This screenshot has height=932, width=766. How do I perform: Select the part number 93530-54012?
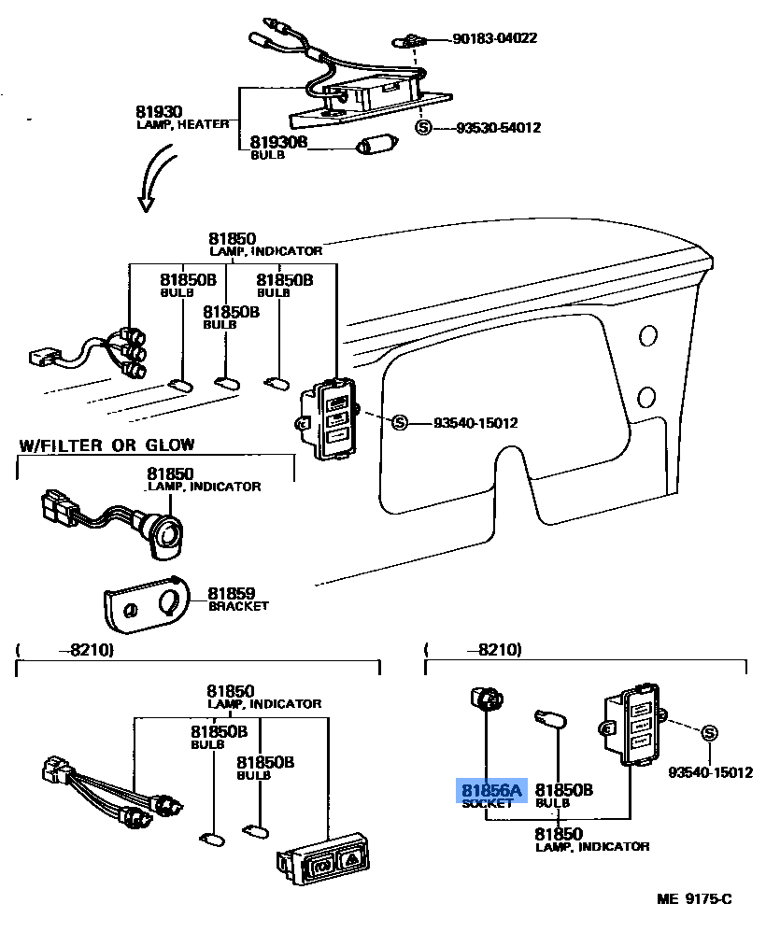coord(498,128)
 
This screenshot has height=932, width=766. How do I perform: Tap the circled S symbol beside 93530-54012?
coord(423,128)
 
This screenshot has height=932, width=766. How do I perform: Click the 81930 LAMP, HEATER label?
coord(182,117)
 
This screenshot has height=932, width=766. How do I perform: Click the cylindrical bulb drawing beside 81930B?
coord(377,147)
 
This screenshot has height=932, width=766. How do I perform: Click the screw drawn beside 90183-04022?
coord(409,40)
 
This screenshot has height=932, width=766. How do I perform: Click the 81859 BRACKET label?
coord(237,599)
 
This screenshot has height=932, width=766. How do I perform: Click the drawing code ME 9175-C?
coord(693,899)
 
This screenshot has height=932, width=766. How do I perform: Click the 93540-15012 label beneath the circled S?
coord(710,772)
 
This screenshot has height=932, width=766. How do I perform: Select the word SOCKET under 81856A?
coord(487,803)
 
